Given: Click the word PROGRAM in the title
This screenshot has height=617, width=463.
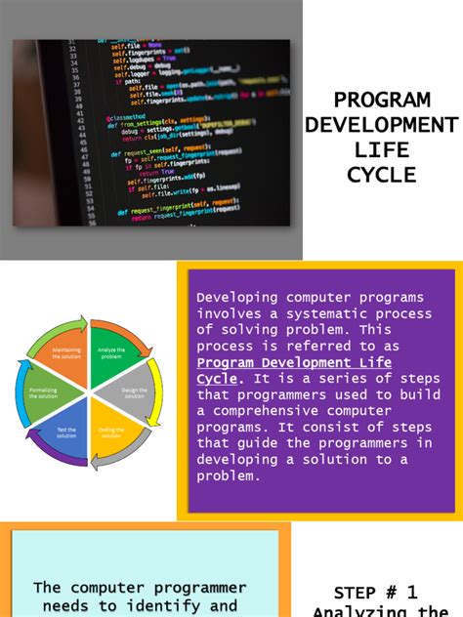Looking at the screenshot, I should tap(382, 101).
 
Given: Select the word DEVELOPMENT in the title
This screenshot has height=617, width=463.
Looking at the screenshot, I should tap(382, 125).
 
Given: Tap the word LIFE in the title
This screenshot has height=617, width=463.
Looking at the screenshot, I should tap(382, 150).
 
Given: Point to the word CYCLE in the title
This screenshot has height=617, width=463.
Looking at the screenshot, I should tap(382, 175).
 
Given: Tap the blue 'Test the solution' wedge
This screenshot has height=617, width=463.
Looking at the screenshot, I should tap(65, 432).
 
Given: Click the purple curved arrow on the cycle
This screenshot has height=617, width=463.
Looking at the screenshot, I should tap(54, 456).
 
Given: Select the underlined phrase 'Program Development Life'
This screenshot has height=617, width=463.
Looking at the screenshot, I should tap(294, 362).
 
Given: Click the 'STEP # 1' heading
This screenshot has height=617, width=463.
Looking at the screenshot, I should tap(375, 593).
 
